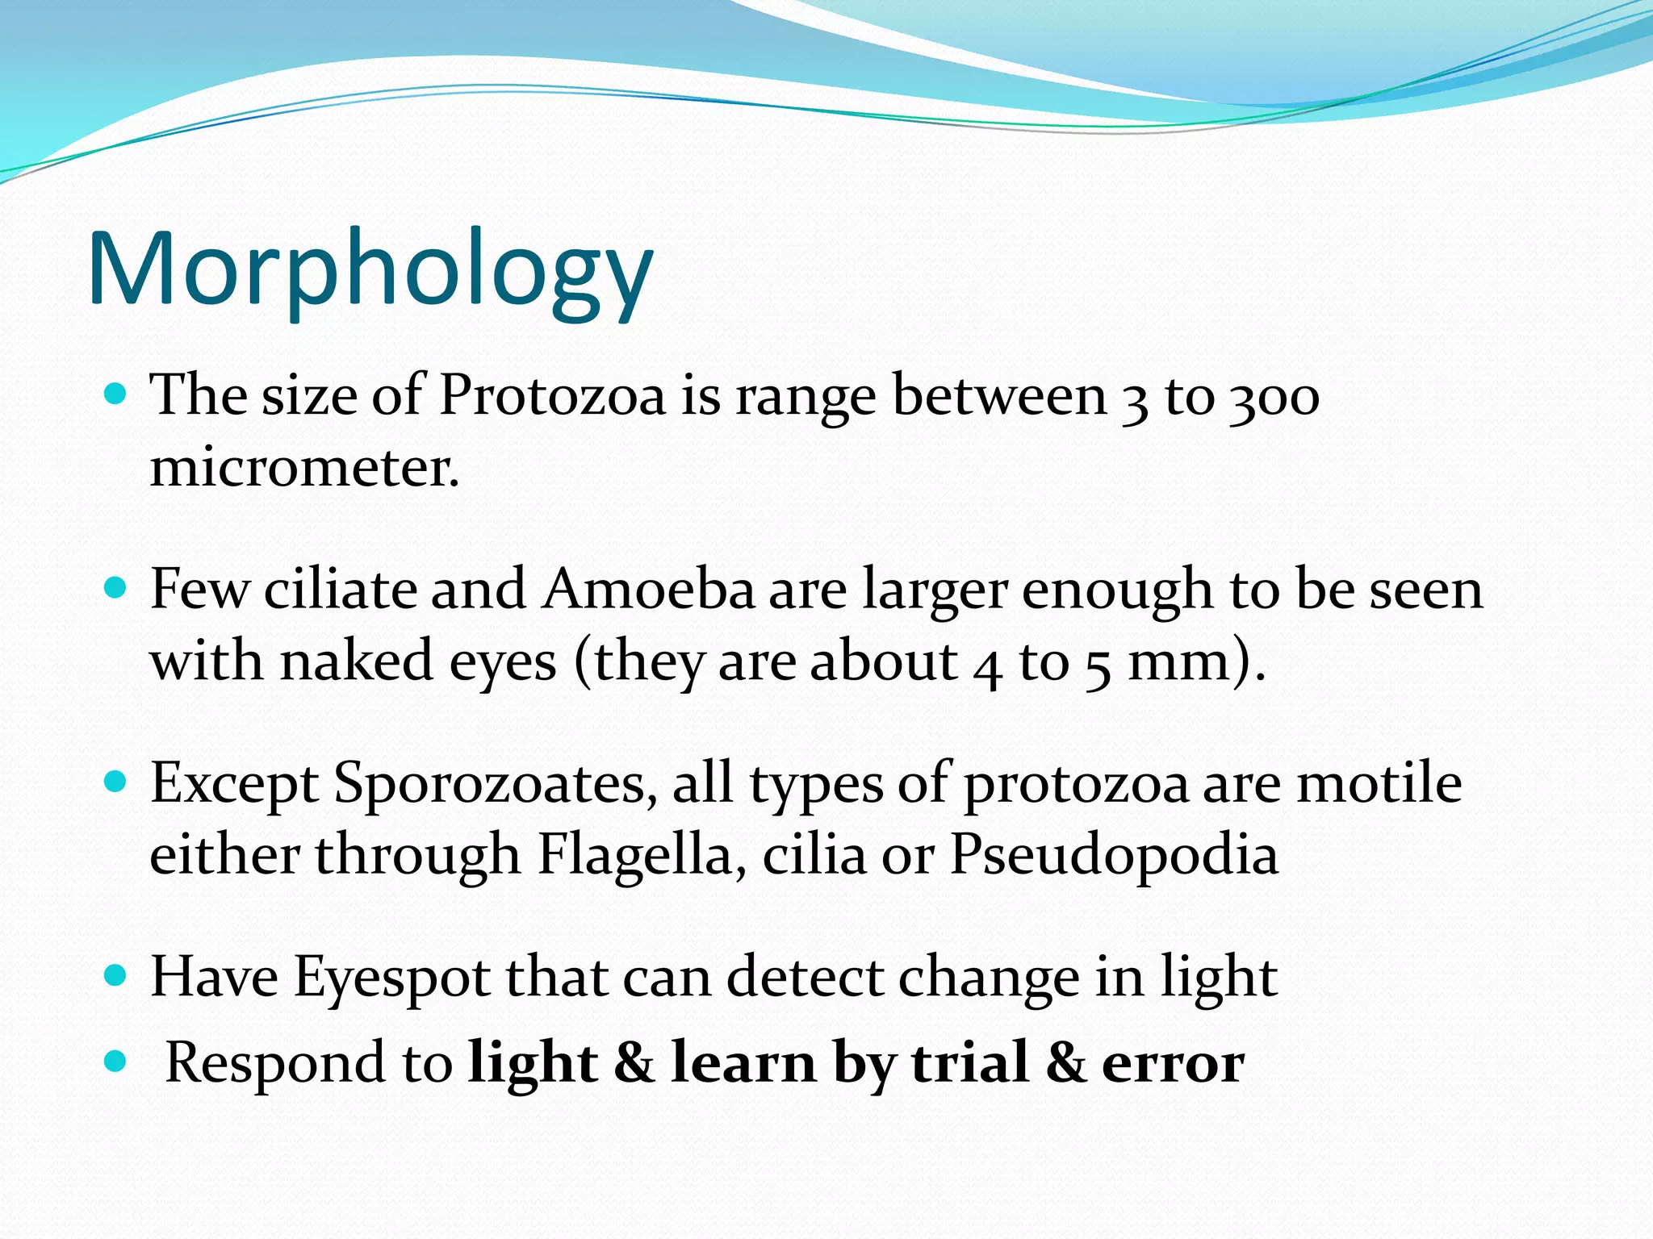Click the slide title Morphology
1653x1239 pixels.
pyautogui.click(x=370, y=270)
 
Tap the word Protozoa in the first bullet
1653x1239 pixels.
pyautogui.click(x=552, y=396)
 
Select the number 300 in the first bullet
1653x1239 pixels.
pyautogui.click(x=1274, y=398)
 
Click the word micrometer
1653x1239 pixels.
pyautogui.click(x=304, y=467)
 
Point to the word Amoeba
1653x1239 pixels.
pyautogui.click(x=648, y=589)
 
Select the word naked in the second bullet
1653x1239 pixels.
pyautogui.click(x=357, y=661)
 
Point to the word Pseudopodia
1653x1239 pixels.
pyautogui.click(x=1114, y=853)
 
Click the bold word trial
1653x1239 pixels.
pyautogui.click(x=969, y=1063)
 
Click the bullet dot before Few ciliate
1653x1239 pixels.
pyautogui.click(x=116, y=587)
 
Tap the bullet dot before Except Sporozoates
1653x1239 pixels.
pyautogui.click(x=116, y=782)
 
